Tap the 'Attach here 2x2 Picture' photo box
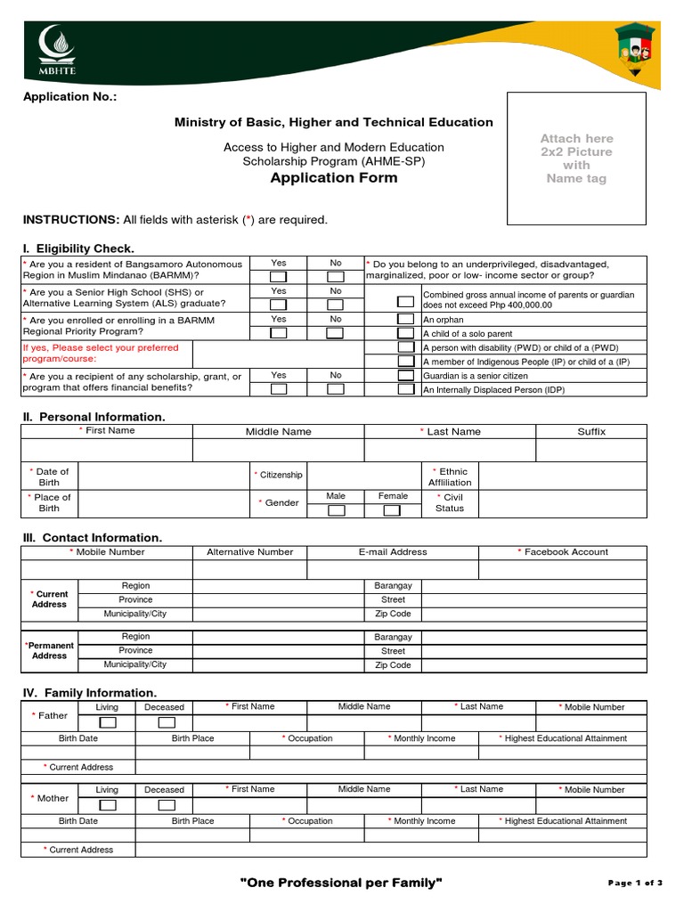tap(576, 159)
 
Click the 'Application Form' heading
tap(334, 178)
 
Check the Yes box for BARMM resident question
tap(279, 276)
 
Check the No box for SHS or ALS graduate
tap(335, 305)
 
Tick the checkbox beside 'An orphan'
tap(405, 319)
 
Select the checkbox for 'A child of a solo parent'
tap(405, 332)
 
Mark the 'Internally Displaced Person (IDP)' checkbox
tap(405, 389)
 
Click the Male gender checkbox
tap(336, 510)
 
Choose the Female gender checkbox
tap(392, 510)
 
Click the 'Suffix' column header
tap(591, 431)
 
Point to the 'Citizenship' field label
tap(280, 476)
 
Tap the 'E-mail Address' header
tap(393, 552)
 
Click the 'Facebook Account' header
tap(563, 552)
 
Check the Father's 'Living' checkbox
tap(107, 722)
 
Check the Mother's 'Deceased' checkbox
tap(165, 805)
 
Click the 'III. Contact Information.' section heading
tap(92, 538)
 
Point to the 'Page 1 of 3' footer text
tap(635, 883)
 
